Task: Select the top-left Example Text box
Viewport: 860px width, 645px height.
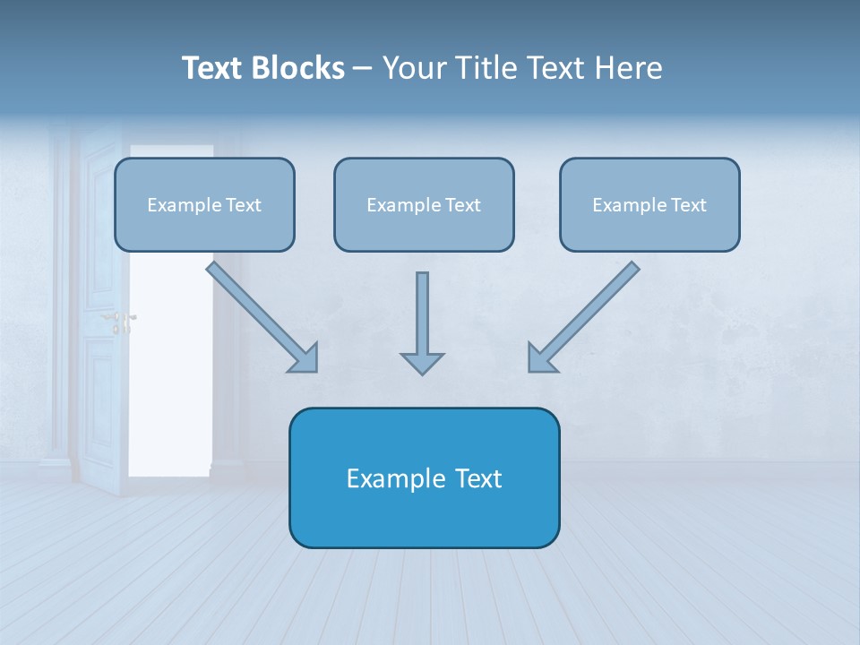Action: coord(204,205)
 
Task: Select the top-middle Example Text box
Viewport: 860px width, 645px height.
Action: coord(424,205)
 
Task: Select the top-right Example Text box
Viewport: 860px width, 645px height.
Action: coord(649,205)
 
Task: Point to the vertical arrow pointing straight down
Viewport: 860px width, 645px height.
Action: coord(422,314)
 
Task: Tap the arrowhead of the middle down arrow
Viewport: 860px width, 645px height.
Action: coord(422,363)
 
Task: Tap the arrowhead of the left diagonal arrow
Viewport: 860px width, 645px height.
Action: coord(305,358)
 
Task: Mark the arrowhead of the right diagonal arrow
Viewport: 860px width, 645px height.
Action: coord(541,358)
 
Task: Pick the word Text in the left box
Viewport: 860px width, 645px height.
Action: coord(244,205)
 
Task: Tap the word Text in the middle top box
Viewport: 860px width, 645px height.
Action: coord(463,205)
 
